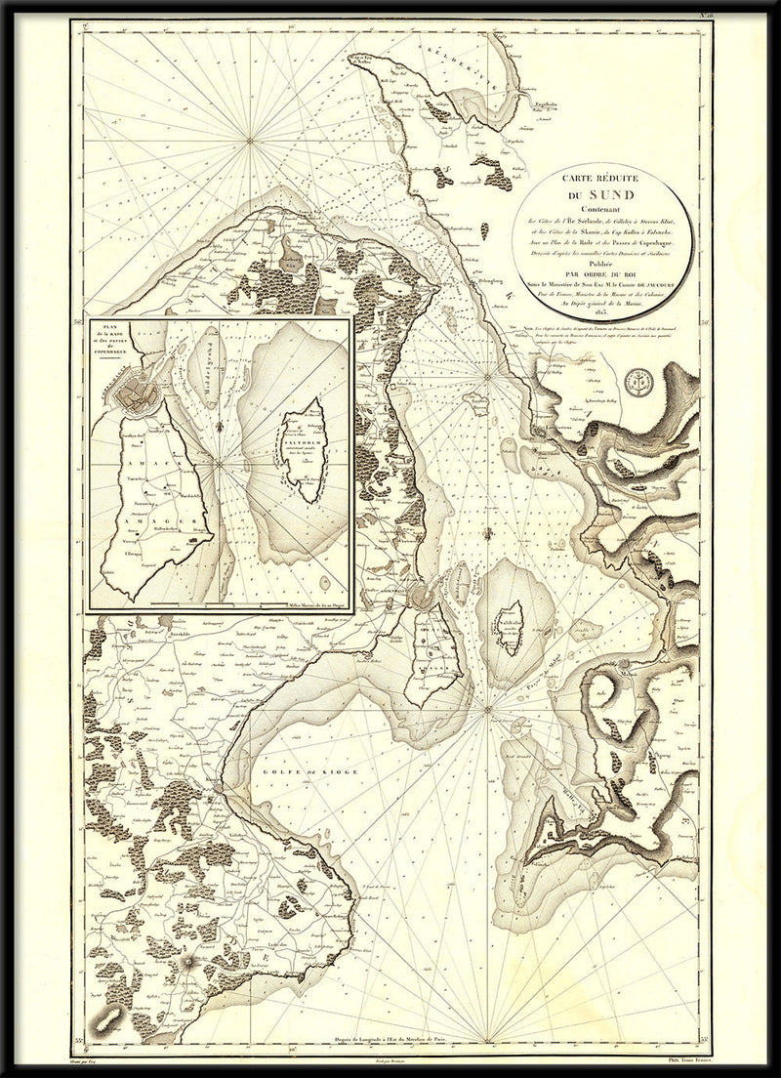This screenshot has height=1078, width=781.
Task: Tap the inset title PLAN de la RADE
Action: (x=109, y=340)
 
